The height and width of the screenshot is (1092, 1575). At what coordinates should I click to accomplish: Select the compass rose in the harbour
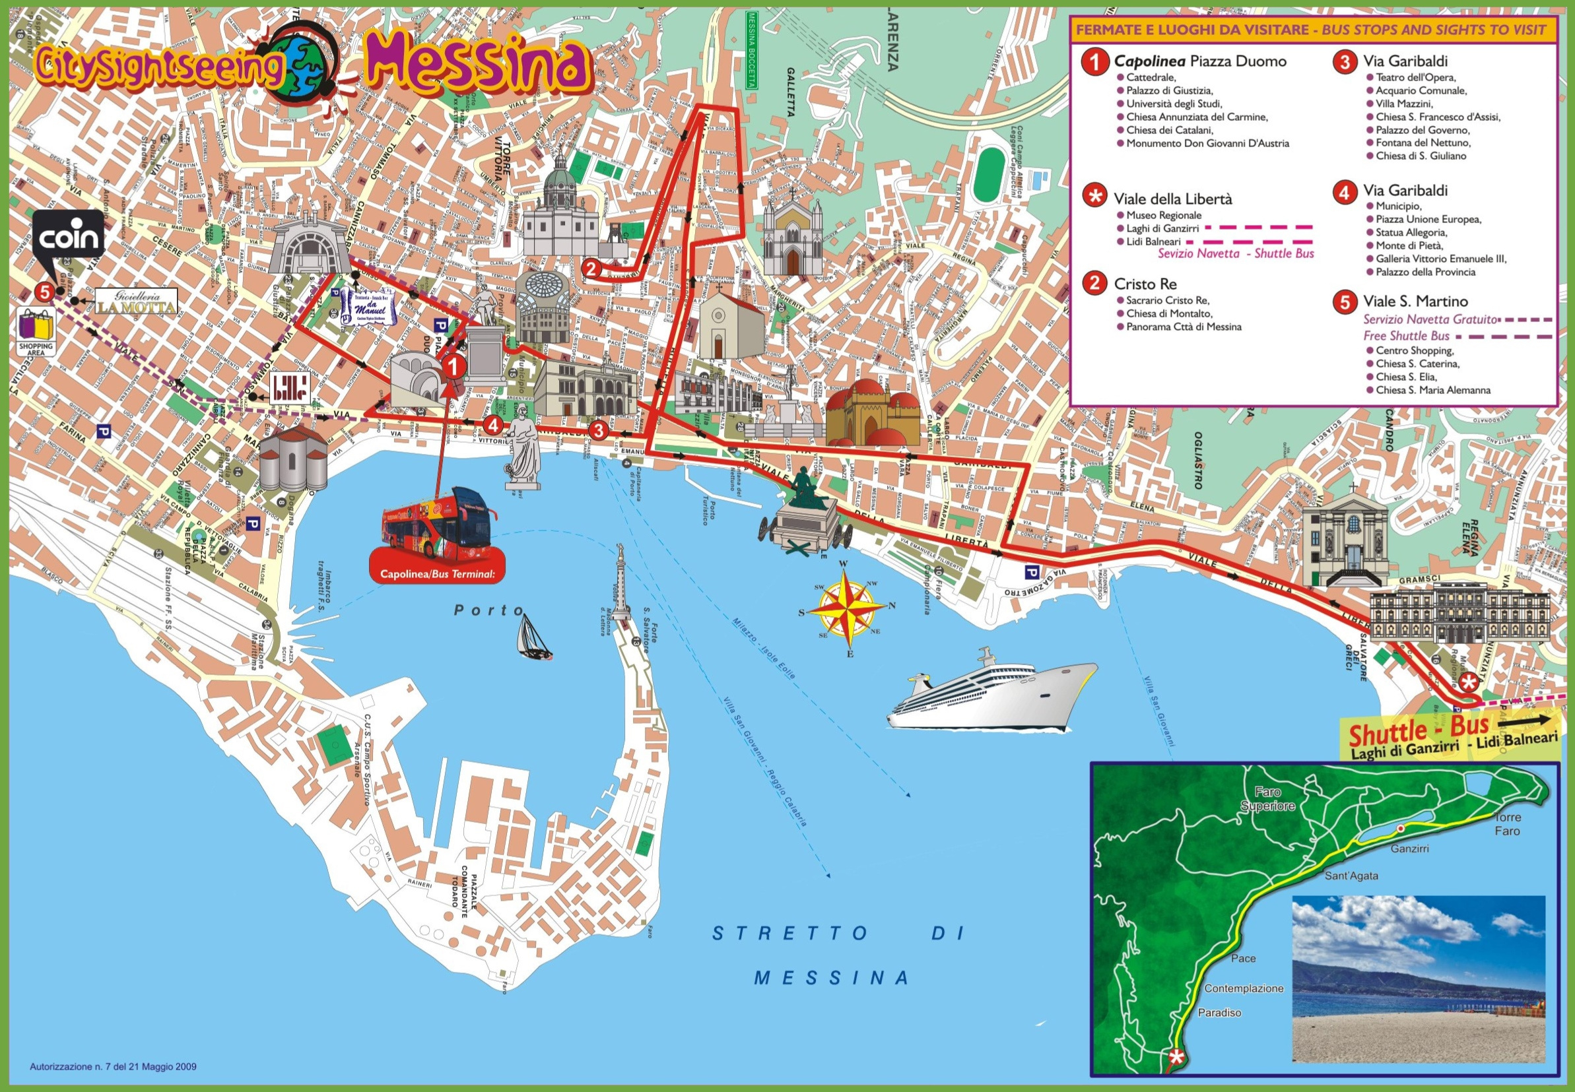(x=848, y=605)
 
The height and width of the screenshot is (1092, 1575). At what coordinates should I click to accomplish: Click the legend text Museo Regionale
(x=1164, y=216)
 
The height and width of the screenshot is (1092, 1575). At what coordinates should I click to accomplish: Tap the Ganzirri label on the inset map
(x=1409, y=849)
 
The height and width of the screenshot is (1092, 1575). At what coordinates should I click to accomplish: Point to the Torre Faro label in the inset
(x=1506, y=824)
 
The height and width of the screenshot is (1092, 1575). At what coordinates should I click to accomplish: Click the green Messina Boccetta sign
(x=752, y=49)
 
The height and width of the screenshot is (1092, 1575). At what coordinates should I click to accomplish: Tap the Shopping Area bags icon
(x=36, y=331)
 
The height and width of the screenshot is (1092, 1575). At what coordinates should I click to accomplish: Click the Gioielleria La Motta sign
(x=135, y=301)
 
